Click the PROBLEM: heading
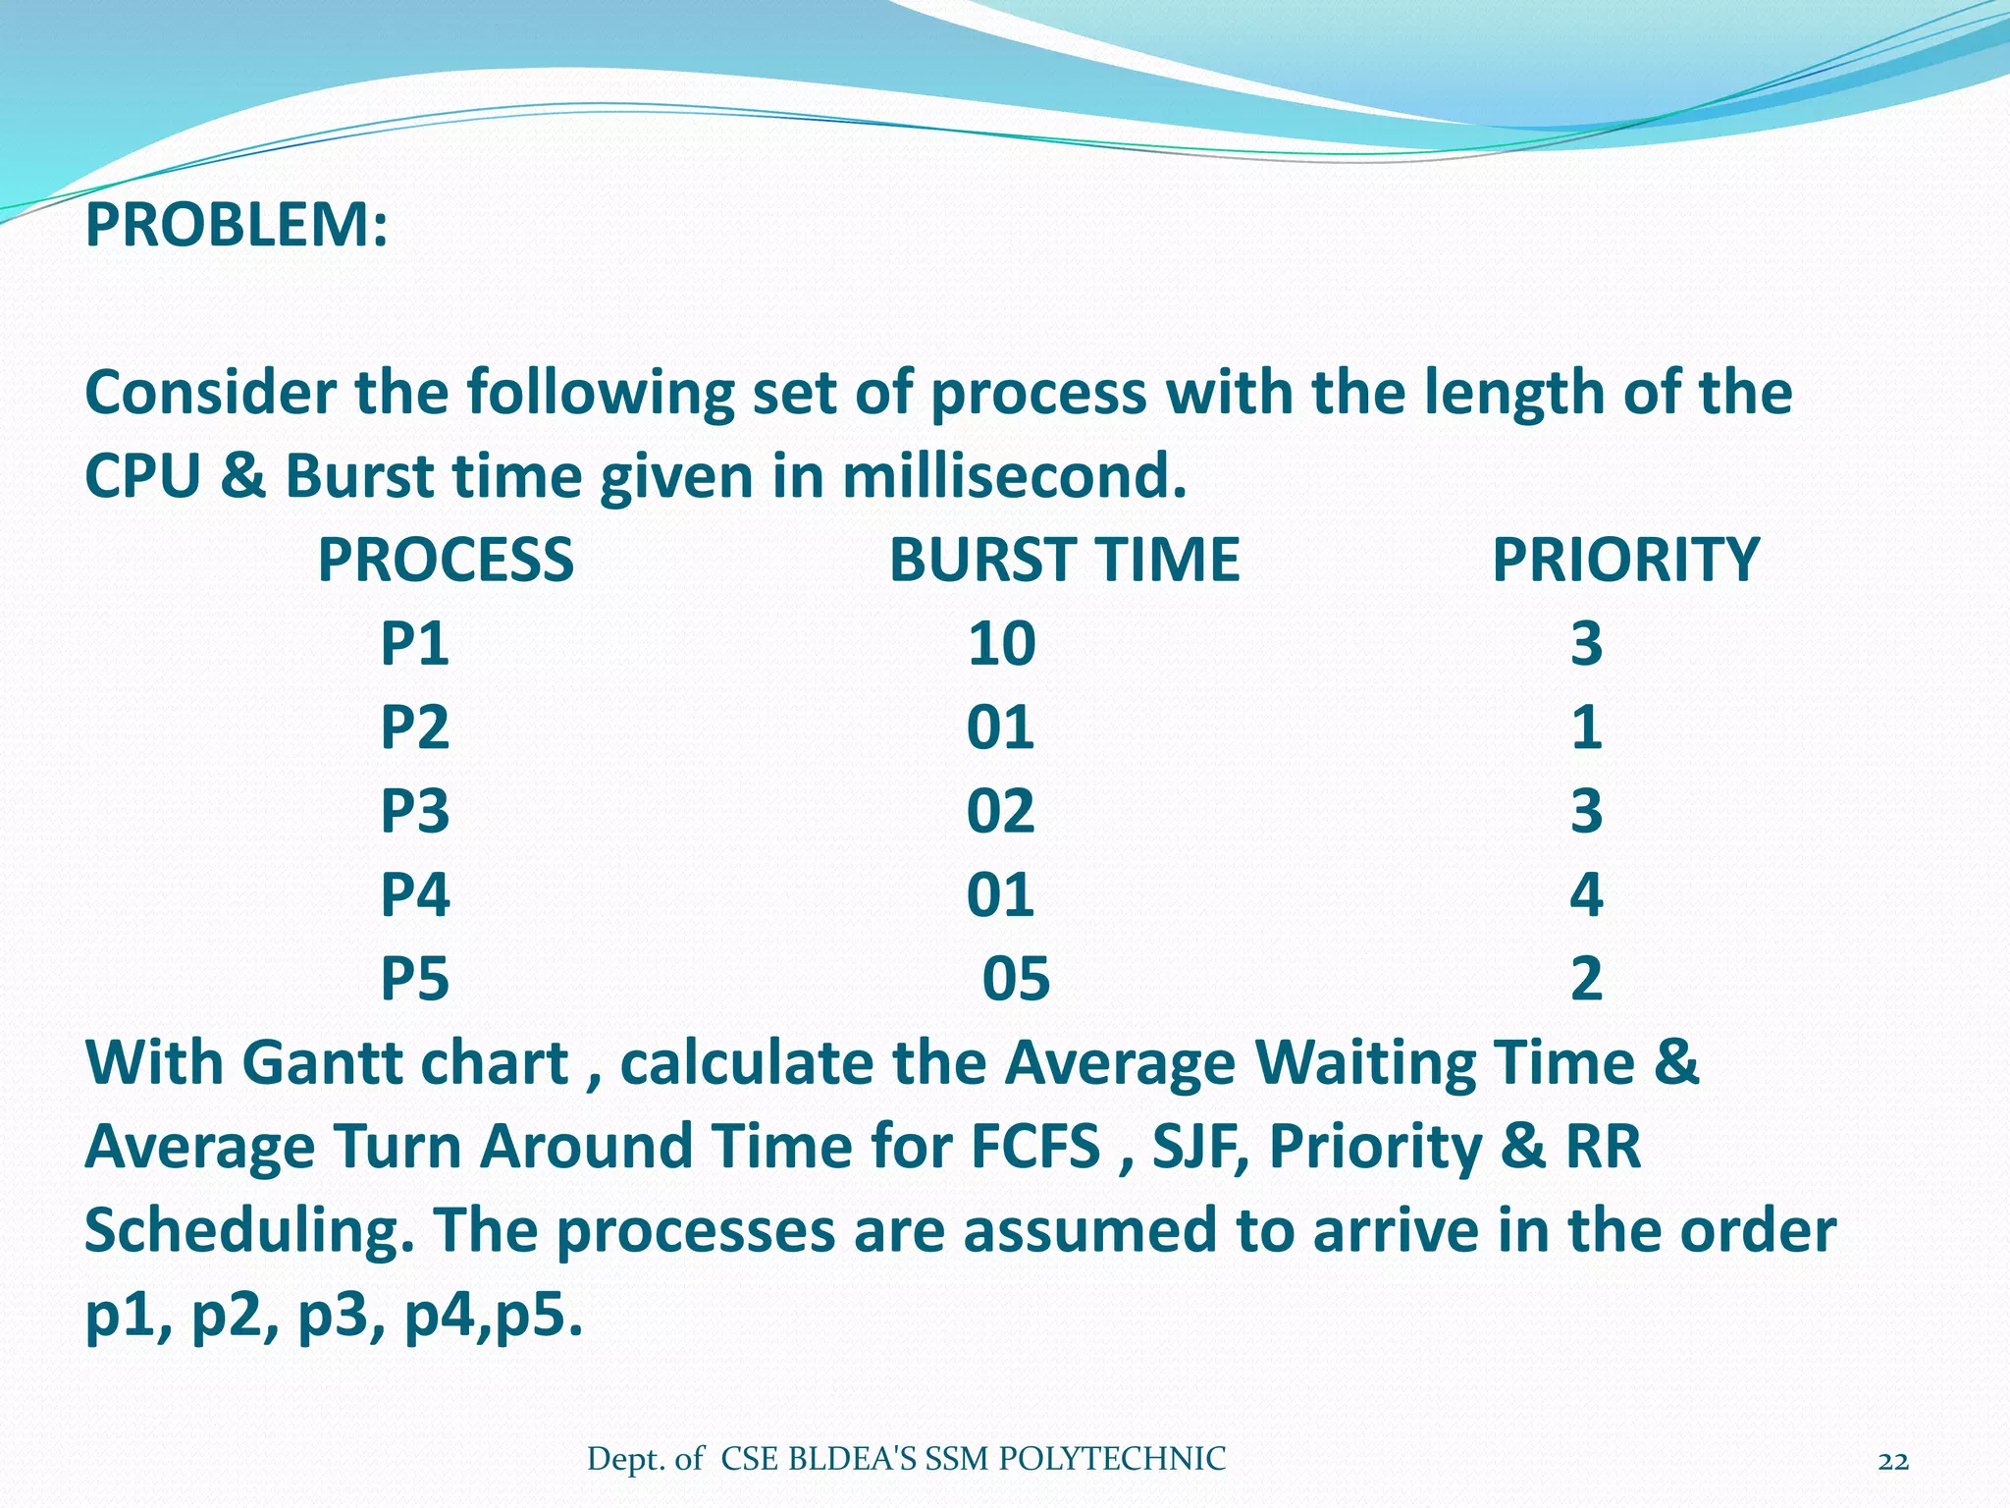(x=237, y=225)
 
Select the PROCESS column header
(x=446, y=561)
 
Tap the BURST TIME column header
(x=1064, y=561)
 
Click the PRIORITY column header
(x=1625, y=561)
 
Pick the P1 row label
(x=414, y=644)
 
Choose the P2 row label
(x=414, y=727)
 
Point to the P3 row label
(x=414, y=812)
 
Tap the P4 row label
(x=414, y=895)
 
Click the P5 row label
(x=414, y=979)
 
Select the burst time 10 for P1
(x=1001, y=644)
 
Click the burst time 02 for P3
(x=1000, y=812)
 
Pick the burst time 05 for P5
(x=1016, y=979)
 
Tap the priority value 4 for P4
(x=1586, y=895)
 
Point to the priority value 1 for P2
(x=1586, y=727)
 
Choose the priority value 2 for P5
(x=1586, y=979)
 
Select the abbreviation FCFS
(x=1034, y=1147)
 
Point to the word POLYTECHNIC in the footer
(x=1111, y=1460)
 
